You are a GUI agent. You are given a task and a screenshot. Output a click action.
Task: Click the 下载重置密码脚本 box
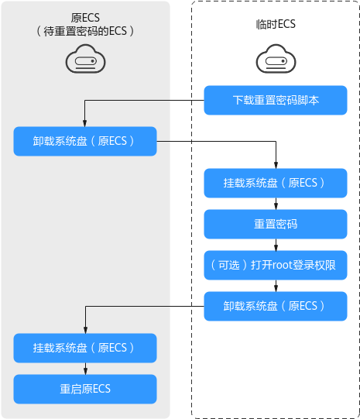pyautogui.click(x=276, y=100)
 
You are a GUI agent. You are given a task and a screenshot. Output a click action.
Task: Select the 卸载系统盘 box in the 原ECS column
pyautogui.click(x=85, y=141)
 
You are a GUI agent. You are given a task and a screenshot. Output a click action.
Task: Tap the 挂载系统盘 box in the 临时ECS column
pyautogui.click(x=276, y=183)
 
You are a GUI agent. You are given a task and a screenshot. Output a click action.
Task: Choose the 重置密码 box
pyautogui.click(x=276, y=224)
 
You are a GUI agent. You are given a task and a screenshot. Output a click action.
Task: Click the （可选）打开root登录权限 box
pyautogui.click(x=276, y=265)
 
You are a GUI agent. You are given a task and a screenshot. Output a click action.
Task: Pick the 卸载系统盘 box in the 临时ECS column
pyautogui.click(x=276, y=306)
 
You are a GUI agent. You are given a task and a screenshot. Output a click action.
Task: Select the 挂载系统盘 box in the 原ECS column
pyautogui.click(x=85, y=348)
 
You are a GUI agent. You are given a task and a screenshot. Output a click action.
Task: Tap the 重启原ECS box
pyautogui.click(x=85, y=389)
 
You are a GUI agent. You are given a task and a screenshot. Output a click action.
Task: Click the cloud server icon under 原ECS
pyautogui.click(x=85, y=59)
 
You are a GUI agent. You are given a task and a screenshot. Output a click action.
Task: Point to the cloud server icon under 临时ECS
pyautogui.click(x=276, y=59)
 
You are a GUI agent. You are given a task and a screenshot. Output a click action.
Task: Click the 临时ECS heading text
pyautogui.click(x=276, y=24)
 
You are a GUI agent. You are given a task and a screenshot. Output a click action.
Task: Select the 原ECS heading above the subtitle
pyautogui.click(x=85, y=18)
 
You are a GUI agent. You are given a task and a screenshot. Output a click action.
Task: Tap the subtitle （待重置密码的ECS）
pyautogui.click(x=85, y=31)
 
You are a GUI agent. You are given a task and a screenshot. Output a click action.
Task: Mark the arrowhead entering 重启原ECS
pyautogui.click(x=85, y=372)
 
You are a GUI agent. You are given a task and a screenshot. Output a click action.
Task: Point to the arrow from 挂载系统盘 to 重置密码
pyautogui.click(x=276, y=204)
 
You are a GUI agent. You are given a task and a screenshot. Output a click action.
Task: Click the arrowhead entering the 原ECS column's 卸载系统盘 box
pyautogui.click(x=84, y=123)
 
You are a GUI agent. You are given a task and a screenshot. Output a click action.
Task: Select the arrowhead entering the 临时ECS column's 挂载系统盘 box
pyautogui.click(x=276, y=165)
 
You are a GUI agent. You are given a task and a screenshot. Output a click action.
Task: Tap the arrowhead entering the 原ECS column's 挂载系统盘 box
pyautogui.click(x=85, y=330)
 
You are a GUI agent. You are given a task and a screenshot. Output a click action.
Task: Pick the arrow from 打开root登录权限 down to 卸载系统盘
pyautogui.click(x=276, y=286)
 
